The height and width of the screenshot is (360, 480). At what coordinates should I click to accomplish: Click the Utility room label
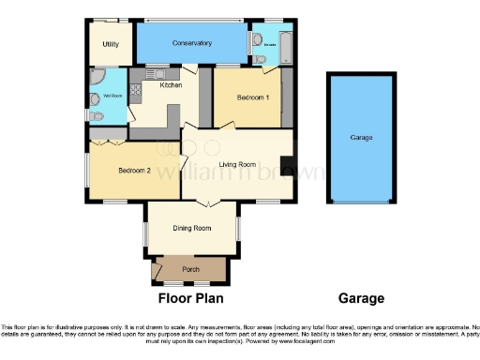[x=111, y=44]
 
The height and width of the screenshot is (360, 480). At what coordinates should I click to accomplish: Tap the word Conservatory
[x=191, y=43]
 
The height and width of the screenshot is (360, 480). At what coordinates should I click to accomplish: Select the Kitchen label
[x=171, y=85]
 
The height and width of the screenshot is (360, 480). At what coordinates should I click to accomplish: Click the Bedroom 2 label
[x=134, y=170]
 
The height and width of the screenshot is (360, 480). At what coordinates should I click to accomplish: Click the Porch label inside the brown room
[x=190, y=270]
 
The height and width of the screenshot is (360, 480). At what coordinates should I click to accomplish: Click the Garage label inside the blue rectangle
[x=361, y=138]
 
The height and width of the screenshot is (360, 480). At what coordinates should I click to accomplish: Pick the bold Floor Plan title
[x=190, y=299]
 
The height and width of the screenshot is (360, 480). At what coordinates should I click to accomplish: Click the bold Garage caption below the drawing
[x=361, y=299]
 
